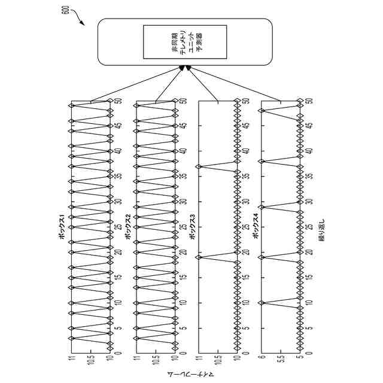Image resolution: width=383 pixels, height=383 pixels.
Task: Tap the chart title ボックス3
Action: coord(191,226)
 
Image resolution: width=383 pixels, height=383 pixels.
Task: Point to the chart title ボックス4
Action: coord(256,226)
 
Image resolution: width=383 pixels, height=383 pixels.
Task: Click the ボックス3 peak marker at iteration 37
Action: coord(198,166)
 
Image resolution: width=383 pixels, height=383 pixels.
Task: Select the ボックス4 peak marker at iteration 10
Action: coord(262,303)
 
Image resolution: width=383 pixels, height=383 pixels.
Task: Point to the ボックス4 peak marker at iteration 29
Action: coord(262,206)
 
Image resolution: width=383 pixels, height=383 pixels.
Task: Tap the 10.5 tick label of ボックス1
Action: coord(91,359)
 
